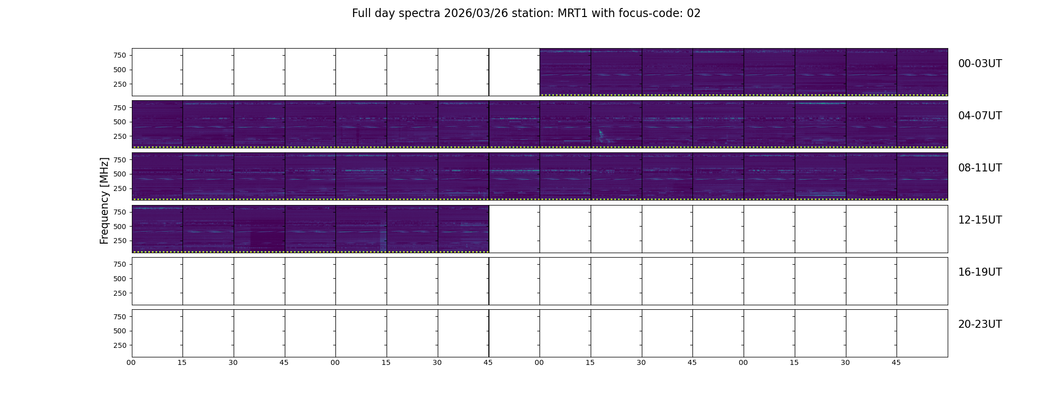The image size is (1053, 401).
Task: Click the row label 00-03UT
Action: [x=980, y=64]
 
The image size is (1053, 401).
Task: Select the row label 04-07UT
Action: [x=980, y=116]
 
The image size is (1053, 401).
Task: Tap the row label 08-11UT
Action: [x=980, y=168]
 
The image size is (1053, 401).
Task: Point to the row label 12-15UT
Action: [x=980, y=220]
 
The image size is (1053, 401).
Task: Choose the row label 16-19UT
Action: [x=980, y=272]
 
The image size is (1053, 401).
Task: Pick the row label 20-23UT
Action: [x=980, y=324]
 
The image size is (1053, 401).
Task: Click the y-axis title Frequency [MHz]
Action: [x=104, y=200]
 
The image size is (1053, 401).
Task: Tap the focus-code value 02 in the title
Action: [x=693, y=14]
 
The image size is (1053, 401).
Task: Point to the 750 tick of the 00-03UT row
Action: [x=120, y=55]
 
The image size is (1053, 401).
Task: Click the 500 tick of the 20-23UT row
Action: [x=120, y=331]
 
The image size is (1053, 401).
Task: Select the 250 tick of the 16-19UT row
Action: [x=120, y=293]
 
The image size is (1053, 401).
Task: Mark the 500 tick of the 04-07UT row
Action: [x=120, y=122]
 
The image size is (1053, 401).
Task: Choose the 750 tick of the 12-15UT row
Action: [x=120, y=212]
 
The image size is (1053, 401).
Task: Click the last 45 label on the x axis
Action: [x=896, y=362]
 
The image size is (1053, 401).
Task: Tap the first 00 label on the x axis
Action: [x=131, y=362]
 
